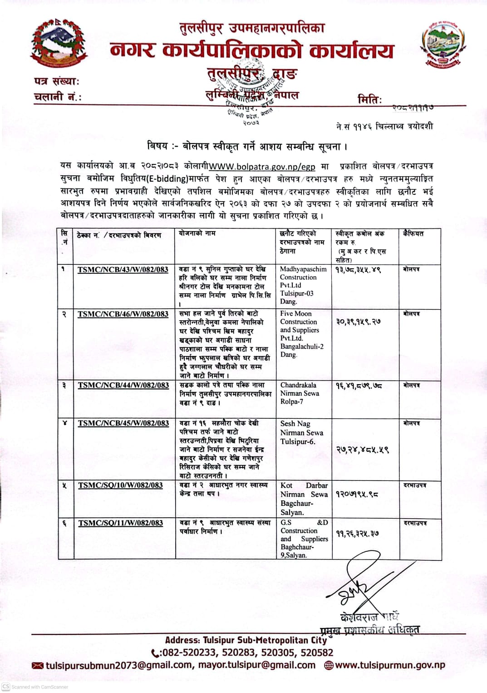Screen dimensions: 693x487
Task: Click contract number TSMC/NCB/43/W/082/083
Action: pos(123,270)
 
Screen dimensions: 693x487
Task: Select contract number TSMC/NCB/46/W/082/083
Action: pos(123,314)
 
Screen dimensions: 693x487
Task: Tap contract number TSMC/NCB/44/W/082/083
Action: pos(123,386)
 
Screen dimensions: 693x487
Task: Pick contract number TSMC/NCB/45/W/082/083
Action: pos(123,423)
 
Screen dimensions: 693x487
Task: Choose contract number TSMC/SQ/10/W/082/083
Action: pos(120,485)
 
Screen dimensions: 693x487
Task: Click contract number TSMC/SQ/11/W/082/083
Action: pos(120,523)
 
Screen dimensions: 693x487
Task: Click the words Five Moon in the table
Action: pos(295,314)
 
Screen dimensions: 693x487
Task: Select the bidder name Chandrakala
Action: pos(298,385)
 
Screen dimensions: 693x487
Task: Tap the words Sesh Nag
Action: pos(295,424)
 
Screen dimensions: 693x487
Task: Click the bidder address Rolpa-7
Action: pos(291,401)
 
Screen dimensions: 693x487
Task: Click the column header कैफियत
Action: pos(413,233)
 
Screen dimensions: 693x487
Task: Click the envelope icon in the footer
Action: pos(38,666)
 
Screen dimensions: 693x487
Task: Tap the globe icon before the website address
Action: pos(329,666)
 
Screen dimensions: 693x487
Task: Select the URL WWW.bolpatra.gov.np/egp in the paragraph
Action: pos(262,167)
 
